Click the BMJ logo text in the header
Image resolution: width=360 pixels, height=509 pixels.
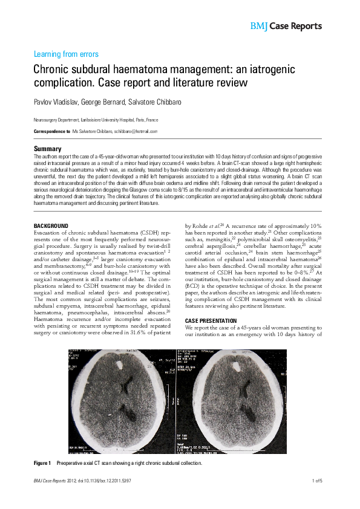(258, 27)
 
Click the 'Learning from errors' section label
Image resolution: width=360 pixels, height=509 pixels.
(67, 54)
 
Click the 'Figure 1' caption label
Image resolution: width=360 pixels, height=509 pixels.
(42, 463)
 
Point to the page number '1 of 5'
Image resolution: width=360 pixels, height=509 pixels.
(316, 481)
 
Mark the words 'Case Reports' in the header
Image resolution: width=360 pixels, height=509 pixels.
(295, 27)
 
